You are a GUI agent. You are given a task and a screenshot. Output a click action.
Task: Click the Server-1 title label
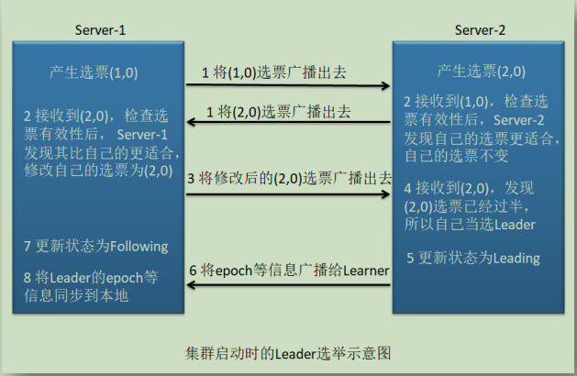[x=100, y=30]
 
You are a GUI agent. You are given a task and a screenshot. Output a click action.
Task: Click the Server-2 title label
[x=480, y=30]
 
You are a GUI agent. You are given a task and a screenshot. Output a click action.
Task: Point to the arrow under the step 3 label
[x=289, y=194]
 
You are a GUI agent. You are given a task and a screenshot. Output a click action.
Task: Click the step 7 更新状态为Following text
[x=96, y=246]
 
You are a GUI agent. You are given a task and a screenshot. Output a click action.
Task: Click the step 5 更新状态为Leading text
[x=472, y=258]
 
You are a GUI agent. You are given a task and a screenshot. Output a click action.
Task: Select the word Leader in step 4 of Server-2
[x=515, y=224]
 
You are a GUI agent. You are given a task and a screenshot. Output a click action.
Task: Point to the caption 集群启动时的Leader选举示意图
[x=288, y=351]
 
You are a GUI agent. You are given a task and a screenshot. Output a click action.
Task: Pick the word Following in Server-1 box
[x=139, y=246]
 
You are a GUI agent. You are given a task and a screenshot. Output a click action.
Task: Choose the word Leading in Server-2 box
[x=516, y=258]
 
